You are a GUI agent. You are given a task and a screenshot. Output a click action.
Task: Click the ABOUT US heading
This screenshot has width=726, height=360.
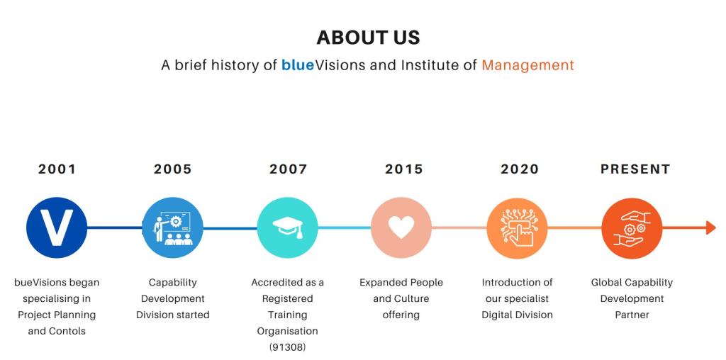pyautogui.click(x=368, y=38)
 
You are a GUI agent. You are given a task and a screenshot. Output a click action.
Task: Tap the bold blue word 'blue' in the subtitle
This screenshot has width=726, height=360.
pyautogui.click(x=298, y=65)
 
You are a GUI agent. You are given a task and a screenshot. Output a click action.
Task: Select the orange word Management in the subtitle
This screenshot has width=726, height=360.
pyautogui.click(x=527, y=65)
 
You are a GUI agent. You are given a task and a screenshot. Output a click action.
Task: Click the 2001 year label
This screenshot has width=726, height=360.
pyautogui.click(x=57, y=169)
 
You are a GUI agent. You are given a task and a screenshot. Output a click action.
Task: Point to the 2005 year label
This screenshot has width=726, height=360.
pyautogui.click(x=173, y=169)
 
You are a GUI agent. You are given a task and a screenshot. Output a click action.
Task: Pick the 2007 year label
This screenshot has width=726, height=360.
pyautogui.click(x=288, y=169)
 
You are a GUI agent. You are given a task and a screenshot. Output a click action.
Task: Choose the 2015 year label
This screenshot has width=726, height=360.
pyautogui.click(x=403, y=169)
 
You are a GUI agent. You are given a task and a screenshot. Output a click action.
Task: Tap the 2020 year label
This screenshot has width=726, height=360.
pyautogui.click(x=520, y=169)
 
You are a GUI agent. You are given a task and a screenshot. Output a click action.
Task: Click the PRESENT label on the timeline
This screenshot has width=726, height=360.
pyautogui.click(x=635, y=169)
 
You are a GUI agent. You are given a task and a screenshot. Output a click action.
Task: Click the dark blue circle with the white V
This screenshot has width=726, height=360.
pyautogui.click(x=57, y=227)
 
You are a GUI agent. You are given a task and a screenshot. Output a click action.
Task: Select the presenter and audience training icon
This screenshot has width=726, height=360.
pyautogui.click(x=173, y=227)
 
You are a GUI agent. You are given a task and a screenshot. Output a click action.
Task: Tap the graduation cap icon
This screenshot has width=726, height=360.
pyautogui.click(x=288, y=227)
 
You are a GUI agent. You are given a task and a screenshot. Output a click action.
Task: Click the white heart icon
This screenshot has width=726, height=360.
pyautogui.click(x=401, y=227)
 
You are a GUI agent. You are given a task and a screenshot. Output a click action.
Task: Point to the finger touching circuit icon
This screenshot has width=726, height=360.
pyautogui.click(x=517, y=227)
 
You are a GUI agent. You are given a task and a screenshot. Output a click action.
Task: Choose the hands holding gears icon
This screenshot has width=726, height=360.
pyautogui.click(x=632, y=227)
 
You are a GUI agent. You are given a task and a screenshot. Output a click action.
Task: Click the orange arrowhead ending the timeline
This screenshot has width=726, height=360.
pyautogui.click(x=711, y=227)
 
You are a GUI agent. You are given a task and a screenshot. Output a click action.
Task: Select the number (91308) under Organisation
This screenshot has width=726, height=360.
pyautogui.click(x=288, y=347)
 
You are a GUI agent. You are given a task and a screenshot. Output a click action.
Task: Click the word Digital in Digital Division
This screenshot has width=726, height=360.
pyautogui.click(x=497, y=315)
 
